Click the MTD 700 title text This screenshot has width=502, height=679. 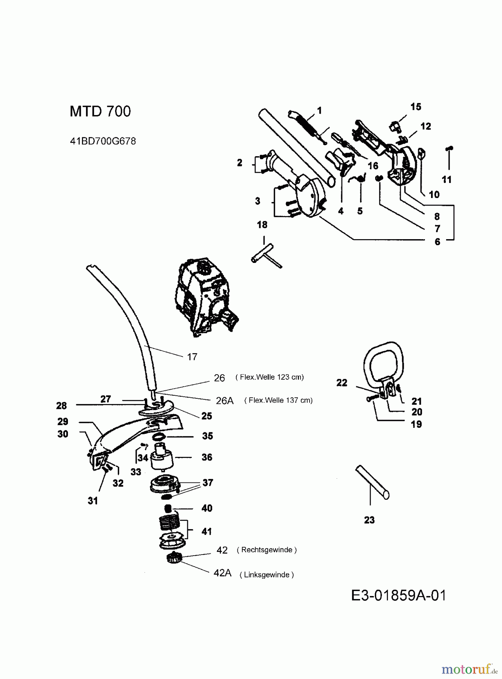pyautogui.click(x=100, y=111)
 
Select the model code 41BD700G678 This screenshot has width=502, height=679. pyautogui.click(x=103, y=141)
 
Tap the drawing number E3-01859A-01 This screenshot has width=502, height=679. pyautogui.click(x=399, y=596)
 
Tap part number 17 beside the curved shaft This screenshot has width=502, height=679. pyautogui.click(x=192, y=357)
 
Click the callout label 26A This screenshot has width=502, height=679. pyautogui.click(x=225, y=401)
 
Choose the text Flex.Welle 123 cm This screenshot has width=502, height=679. pyautogui.click(x=269, y=377)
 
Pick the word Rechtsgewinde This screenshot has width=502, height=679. pyautogui.click(x=267, y=550)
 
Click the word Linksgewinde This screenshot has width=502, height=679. pyautogui.click(x=266, y=575)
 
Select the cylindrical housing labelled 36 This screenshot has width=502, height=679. pyautogui.click(x=162, y=458)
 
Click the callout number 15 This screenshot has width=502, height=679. pyautogui.click(x=416, y=107)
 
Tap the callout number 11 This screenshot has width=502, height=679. pyautogui.click(x=447, y=180)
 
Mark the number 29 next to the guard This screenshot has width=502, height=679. pyautogui.click(x=63, y=421)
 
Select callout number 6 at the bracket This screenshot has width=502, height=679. pyautogui.click(x=437, y=242)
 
